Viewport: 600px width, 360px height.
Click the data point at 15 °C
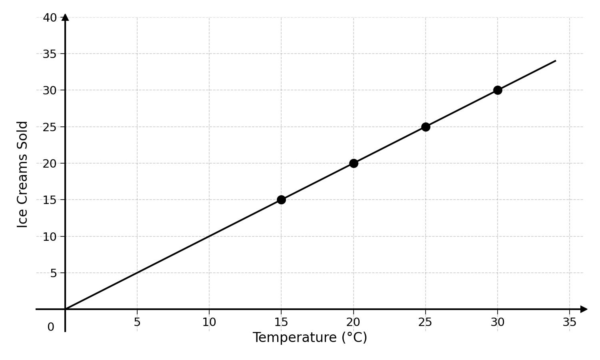[281, 200]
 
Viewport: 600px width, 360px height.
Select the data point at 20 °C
[354, 163]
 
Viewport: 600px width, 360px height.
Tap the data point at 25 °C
[426, 127]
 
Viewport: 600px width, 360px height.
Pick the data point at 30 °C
[498, 90]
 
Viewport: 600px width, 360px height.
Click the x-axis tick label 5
[137, 322]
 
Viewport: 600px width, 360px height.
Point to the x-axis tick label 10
[209, 322]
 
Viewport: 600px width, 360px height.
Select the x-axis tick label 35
[570, 322]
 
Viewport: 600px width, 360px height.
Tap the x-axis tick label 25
[425, 322]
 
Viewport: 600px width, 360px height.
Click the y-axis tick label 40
[50, 18]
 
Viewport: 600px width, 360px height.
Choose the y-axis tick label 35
[50, 54]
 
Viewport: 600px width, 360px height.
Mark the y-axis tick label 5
[53, 273]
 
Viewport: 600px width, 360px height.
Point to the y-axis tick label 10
[50, 237]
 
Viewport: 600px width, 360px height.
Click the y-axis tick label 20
[50, 164]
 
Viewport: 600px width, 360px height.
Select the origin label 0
[51, 327]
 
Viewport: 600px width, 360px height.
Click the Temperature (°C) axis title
[310, 337]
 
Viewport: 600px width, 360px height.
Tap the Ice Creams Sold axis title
[22, 175]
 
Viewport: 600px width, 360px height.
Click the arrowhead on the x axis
[584, 309]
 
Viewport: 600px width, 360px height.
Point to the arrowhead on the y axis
[65, 17]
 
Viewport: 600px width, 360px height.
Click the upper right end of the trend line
[556, 61]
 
